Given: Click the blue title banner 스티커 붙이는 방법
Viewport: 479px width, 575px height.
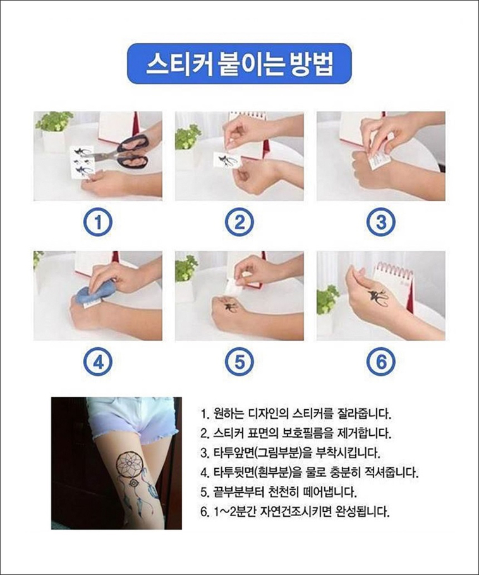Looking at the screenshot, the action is point(239,63).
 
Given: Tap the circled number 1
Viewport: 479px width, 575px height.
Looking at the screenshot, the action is point(98,222).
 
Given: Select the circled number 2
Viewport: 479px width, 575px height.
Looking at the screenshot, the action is point(239,222).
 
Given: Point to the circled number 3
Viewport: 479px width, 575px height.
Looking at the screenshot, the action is point(381,222).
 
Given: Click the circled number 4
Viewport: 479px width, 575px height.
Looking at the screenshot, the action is point(98,362).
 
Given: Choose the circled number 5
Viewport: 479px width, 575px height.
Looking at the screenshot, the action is point(239,362).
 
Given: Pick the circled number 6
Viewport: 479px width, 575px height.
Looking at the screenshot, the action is point(381,362).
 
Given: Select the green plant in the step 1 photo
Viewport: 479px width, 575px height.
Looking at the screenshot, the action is point(54,121).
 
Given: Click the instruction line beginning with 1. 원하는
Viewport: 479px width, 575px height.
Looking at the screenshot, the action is point(296,414).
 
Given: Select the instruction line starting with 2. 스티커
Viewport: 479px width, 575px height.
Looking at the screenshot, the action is point(296,433).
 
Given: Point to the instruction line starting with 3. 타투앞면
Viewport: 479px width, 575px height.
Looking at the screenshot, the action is point(290,454).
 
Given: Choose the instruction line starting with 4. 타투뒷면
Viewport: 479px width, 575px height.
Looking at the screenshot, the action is point(310,473).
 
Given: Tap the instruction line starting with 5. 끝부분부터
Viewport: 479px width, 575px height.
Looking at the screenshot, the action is point(278,492).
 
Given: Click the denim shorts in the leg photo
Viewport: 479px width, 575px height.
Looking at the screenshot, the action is point(132,418).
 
